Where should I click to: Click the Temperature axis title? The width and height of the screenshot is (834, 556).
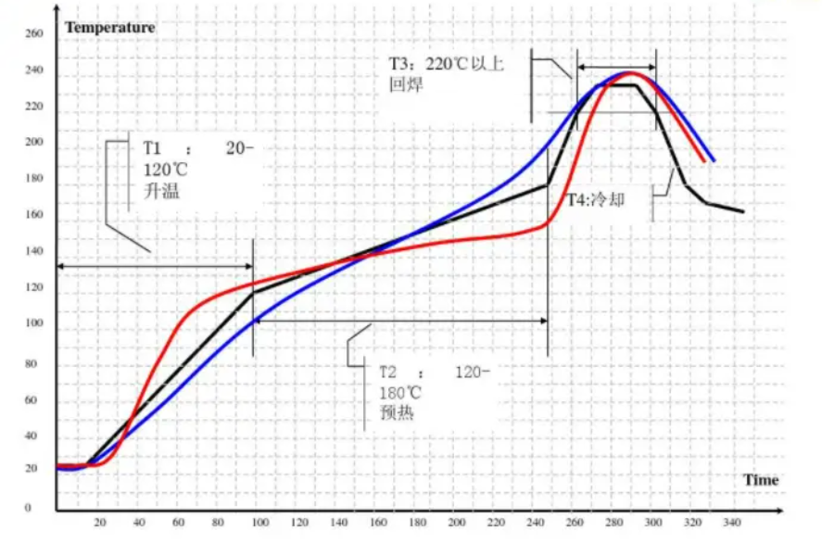(x=109, y=27)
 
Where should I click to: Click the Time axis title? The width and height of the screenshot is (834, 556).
(x=761, y=479)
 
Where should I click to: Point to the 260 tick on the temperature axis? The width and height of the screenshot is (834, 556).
(x=33, y=34)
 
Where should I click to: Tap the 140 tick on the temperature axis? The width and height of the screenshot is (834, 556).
(x=33, y=251)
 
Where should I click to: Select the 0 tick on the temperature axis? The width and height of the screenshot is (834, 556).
(x=28, y=508)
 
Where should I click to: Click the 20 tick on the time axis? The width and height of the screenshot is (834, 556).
(x=100, y=523)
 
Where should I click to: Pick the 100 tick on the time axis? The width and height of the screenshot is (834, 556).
(x=259, y=523)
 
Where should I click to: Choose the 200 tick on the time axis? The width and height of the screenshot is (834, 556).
(x=457, y=523)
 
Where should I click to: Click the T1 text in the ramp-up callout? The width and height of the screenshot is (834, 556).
(x=152, y=148)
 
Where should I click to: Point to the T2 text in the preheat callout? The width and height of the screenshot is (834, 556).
(x=388, y=373)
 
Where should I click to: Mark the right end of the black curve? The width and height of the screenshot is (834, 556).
(x=743, y=211)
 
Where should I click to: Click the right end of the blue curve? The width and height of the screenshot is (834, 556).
(x=714, y=160)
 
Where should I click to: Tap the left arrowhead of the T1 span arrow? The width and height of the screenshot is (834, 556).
(x=60, y=267)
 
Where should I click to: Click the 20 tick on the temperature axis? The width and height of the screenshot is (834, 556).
(x=31, y=469)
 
